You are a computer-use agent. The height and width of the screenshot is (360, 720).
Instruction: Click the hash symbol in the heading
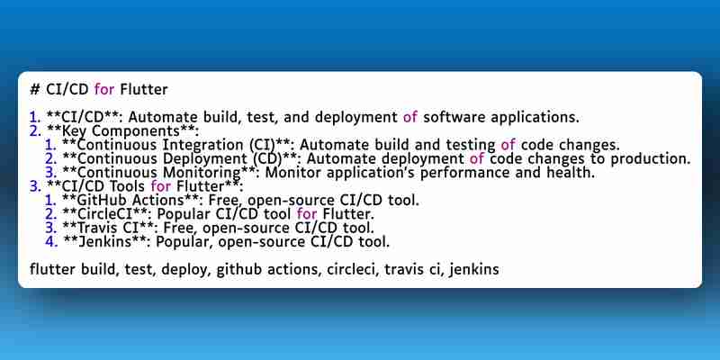(x=35, y=89)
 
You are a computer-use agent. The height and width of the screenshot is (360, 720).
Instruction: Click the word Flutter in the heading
(x=144, y=89)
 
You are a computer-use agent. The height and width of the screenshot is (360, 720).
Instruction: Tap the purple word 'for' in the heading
(x=104, y=89)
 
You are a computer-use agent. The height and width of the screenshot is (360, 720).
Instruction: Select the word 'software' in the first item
(x=454, y=117)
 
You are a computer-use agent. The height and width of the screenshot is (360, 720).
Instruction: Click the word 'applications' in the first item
(x=534, y=118)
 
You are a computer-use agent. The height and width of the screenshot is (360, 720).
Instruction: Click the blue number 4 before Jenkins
(x=51, y=241)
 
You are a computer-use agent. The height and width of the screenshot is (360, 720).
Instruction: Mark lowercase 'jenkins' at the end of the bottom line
(x=474, y=269)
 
